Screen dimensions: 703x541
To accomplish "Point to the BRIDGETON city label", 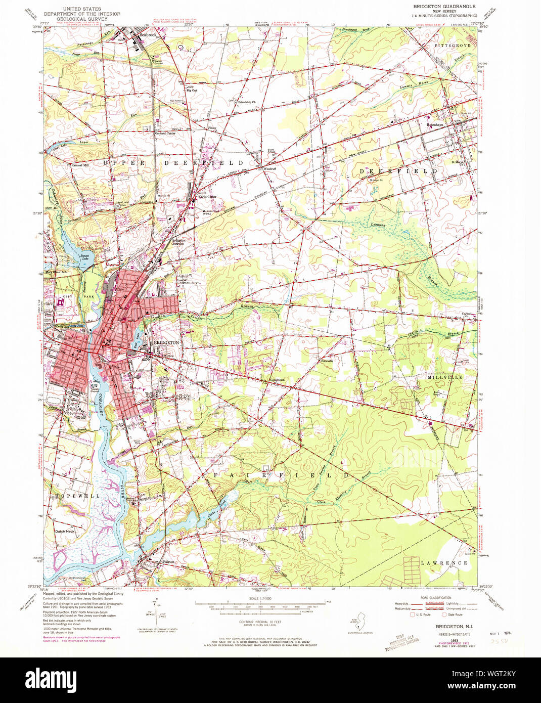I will coord(166,343).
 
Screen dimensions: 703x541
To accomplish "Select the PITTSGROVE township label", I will coord(452,46).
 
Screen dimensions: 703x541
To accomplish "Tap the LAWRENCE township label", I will coord(443,563).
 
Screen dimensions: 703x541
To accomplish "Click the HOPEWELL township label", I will coord(78,496).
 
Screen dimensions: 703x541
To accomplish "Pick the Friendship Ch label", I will coord(247,102).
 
